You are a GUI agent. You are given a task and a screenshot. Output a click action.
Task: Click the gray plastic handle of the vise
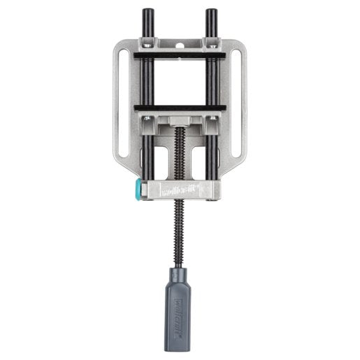(x=180, y=301)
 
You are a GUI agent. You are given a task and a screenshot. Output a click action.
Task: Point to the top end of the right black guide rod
(x=210, y=14)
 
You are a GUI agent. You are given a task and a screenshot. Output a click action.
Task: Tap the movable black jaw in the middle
(x=180, y=107)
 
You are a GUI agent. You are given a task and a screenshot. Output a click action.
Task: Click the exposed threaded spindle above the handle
(x=180, y=231)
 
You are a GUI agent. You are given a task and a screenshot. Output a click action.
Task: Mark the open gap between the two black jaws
(x=180, y=80)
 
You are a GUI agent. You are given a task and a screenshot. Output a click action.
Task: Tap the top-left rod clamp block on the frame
(x=149, y=45)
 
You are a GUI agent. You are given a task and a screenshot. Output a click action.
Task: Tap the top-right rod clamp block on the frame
(x=210, y=45)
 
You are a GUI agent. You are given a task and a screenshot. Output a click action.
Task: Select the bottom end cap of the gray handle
(x=180, y=329)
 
